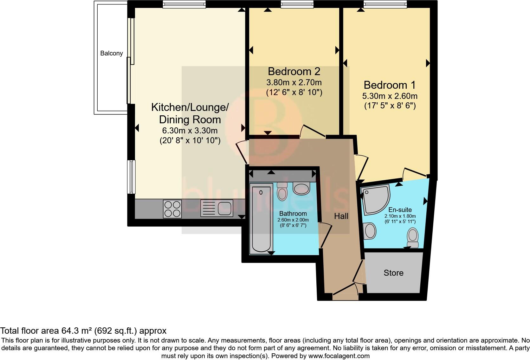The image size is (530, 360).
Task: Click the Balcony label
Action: (111, 53)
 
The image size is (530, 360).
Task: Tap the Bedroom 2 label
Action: (294, 71)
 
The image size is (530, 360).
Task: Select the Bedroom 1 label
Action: (390, 85)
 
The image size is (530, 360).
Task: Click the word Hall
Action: (341, 216)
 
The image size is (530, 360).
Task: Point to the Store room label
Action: (393, 273)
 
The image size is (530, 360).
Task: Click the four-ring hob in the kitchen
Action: (172, 209)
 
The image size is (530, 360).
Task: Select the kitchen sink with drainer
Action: (217, 209)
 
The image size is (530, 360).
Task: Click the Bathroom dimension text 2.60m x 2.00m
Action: (293, 220)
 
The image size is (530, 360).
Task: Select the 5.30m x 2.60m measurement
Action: (390, 96)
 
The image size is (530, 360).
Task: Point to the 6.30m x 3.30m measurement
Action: (190, 131)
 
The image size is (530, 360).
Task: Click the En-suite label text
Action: (400, 210)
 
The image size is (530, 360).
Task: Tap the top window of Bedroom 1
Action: (385, 4)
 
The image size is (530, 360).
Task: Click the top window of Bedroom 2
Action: (297, 4)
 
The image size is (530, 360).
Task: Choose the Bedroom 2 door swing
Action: (312, 131)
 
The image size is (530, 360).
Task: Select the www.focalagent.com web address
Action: (339, 356)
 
